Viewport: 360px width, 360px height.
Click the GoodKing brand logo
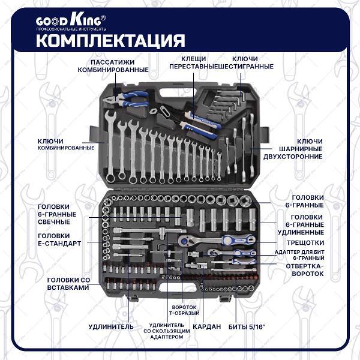coord(71,20)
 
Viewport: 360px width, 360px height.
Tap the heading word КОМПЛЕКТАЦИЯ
coord(110,40)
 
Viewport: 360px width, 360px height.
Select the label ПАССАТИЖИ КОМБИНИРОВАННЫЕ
coord(113,66)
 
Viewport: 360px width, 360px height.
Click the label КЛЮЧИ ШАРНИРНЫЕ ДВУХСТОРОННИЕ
coord(293,149)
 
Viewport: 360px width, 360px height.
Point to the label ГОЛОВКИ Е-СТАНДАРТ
coord(59,239)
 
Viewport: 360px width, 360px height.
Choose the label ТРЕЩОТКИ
coord(305,242)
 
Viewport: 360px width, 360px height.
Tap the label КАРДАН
coord(206,326)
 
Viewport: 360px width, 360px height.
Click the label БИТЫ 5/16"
coord(247,326)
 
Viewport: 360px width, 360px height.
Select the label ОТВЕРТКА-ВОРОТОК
coord(305,270)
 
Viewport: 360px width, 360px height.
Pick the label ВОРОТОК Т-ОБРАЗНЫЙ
coord(184,310)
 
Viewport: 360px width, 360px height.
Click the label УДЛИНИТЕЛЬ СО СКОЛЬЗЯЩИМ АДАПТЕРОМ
coord(167,331)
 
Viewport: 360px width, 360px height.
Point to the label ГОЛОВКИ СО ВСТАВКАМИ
coord(68,284)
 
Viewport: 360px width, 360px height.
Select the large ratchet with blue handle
coord(217,240)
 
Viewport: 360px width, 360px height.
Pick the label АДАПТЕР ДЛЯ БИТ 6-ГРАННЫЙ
coord(299,255)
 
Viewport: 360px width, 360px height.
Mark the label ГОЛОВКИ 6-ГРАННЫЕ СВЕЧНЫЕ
coord(57,214)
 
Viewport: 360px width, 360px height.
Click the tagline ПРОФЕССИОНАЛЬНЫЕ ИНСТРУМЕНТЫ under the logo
coord(71,29)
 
